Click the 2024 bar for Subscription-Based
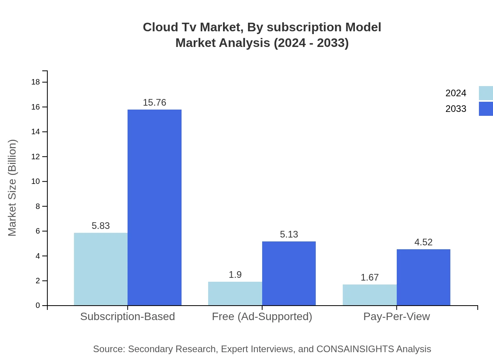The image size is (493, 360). (x=101, y=269)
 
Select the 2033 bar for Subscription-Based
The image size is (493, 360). (x=155, y=207)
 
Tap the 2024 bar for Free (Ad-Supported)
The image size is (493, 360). (x=235, y=293)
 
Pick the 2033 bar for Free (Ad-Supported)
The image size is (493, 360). (x=289, y=273)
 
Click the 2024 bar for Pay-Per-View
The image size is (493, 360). (x=369, y=295)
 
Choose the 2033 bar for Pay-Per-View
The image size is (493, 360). (x=423, y=277)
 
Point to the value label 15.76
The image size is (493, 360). (x=155, y=103)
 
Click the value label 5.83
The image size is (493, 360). (x=101, y=226)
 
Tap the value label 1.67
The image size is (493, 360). (x=369, y=277)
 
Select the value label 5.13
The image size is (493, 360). (x=289, y=234)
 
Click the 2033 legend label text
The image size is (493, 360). (x=456, y=109)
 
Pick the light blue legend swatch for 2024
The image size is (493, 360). (x=486, y=93)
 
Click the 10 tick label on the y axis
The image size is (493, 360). (x=36, y=182)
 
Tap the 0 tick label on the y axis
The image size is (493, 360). (x=38, y=306)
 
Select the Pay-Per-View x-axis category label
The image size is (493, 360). (x=396, y=316)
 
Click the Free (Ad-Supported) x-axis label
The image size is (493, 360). (x=262, y=316)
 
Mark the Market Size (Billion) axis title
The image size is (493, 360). (x=12, y=188)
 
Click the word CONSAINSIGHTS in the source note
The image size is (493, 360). (x=355, y=349)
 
